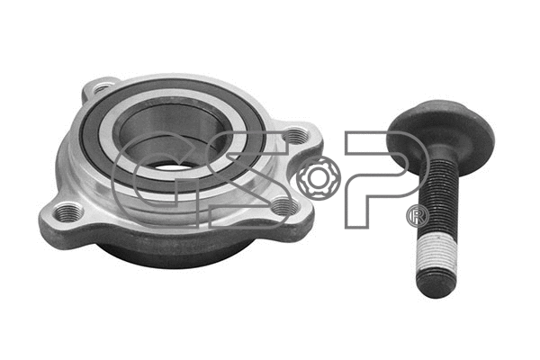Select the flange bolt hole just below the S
pyautogui.click(x=284, y=206)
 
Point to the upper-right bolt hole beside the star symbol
pyautogui.click(x=295, y=137)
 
